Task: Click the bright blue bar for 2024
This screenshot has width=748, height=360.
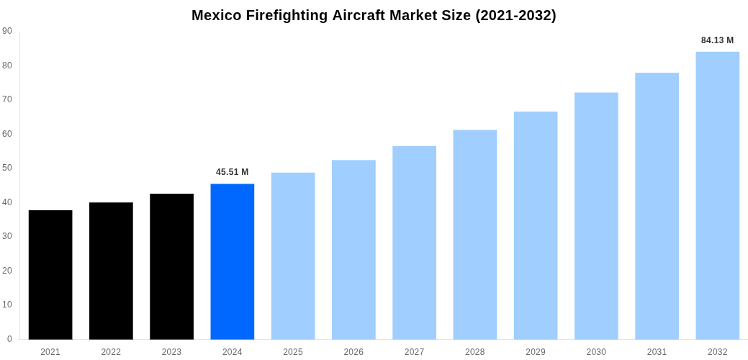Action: point(232,261)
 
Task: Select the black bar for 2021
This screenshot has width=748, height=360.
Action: point(50,274)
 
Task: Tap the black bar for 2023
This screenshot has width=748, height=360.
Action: point(171,266)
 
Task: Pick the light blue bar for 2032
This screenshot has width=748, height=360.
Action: point(717,195)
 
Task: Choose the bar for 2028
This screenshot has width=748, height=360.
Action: point(474,234)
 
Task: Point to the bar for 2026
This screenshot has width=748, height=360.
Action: point(353,249)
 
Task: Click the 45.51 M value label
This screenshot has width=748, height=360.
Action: point(232,172)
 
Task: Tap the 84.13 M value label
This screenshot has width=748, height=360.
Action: point(717,40)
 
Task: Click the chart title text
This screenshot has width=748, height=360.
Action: point(374,15)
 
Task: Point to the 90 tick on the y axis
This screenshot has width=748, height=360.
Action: point(7,31)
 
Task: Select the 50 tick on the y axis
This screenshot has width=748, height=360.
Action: point(7,168)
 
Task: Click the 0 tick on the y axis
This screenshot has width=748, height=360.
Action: point(9,339)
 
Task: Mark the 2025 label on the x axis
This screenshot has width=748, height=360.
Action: point(293,352)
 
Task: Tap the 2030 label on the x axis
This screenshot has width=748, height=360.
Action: point(596,352)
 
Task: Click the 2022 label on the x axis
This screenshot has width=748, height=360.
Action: point(111,352)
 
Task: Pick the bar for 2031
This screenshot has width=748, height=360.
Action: point(657,206)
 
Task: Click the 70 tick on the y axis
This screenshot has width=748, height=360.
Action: point(7,99)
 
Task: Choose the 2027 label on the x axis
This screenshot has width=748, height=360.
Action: point(414,352)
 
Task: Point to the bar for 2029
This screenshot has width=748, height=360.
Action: point(536,225)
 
